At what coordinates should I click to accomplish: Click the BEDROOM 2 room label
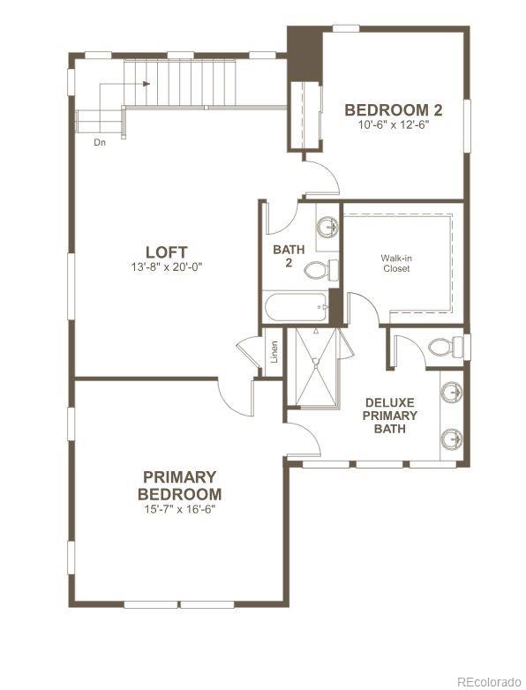[x=393, y=110]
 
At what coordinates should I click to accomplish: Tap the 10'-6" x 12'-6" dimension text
[x=393, y=125]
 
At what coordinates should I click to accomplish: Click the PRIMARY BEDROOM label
[x=179, y=486]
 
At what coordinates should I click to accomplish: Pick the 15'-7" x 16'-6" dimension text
[x=179, y=509]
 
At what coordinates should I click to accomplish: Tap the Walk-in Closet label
[x=395, y=263]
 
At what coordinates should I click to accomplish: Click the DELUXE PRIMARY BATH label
[x=389, y=416]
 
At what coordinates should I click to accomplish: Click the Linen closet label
[x=274, y=351]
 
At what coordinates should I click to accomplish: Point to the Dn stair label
[x=101, y=140]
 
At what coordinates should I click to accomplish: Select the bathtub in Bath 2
[x=296, y=310]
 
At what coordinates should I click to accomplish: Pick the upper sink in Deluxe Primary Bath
[x=453, y=390]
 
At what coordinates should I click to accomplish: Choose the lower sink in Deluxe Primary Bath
[x=453, y=436]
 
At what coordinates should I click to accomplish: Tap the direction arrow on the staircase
[x=146, y=84]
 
